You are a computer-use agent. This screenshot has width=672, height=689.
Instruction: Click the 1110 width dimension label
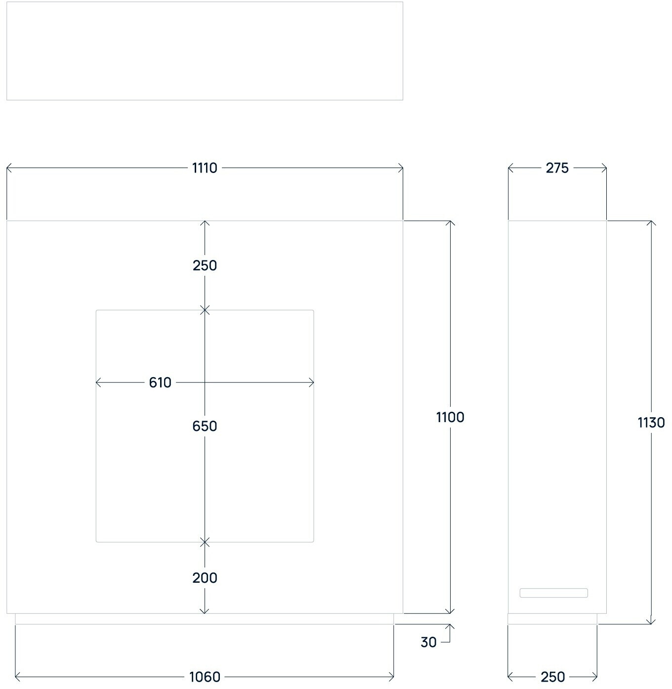tap(205, 168)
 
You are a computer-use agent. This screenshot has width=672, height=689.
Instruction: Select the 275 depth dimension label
tap(557, 168)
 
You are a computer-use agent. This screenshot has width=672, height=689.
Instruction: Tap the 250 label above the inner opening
tap(205, 265)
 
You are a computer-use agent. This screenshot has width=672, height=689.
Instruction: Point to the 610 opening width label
tap(160, 383)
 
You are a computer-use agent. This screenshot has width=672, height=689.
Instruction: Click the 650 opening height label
tap(205, 426)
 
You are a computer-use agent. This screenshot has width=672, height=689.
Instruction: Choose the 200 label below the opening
tap(205, 578)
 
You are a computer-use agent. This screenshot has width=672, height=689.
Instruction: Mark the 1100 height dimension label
tap(450, 418)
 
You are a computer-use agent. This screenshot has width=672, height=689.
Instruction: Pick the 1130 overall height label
tap(651, 423)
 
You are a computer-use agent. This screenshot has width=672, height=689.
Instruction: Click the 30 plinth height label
tap(428, 642)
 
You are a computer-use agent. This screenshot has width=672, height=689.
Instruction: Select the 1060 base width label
tap(205, 677)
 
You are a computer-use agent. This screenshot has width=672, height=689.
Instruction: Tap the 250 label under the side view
tap(552, 677)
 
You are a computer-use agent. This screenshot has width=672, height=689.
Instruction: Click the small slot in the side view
tap(553, 593)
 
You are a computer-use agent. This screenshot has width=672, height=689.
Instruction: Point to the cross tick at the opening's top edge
tap(205, 310)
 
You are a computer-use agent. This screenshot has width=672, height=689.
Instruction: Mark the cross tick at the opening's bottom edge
tap(205, 542)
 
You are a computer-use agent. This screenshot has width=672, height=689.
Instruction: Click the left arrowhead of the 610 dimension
tap(97, 383)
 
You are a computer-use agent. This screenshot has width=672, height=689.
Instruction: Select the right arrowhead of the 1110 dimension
tap(401, 168)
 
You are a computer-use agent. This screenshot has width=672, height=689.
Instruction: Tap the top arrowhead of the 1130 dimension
tap(651, 222)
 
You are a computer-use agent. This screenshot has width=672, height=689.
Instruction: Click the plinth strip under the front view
tap(205, 619)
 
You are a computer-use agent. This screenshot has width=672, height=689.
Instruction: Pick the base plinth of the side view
tap(552, 619)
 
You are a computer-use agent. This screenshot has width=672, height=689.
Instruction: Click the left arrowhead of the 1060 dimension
tap(17, 677)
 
